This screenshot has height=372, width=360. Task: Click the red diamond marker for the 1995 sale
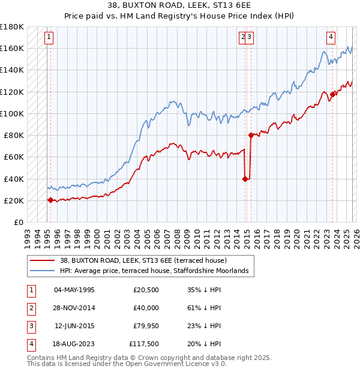(x=50, y=200)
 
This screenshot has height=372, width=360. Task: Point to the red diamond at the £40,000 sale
(x=245, y=179)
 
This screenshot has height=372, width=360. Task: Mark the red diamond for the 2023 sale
(x=332, y=94)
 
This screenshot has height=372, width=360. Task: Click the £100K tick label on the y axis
(x=12, y=113)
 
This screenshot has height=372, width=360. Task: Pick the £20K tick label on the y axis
(x=14, y=200)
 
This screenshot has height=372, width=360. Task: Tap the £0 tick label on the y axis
(x=18, y=222)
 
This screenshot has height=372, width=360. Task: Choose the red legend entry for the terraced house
(x=143, y=260)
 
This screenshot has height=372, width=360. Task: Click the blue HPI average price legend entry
(x=154, y=271)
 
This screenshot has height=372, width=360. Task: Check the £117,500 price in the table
(x=144, y=344)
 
